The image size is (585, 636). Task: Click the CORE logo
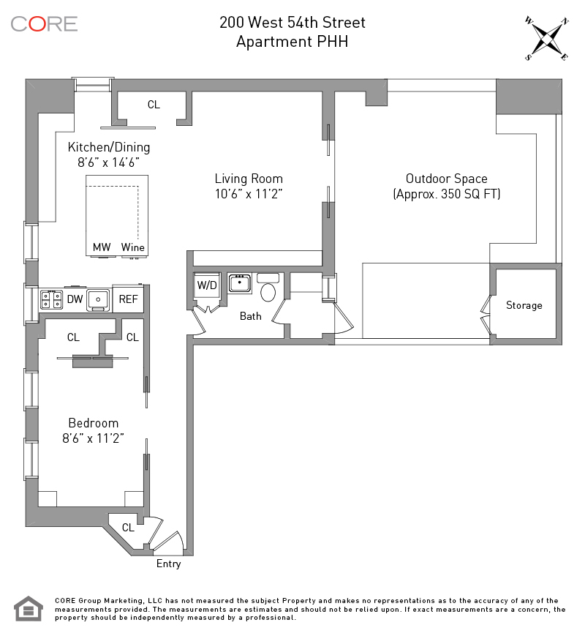click(x=44, y=23)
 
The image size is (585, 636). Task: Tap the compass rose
click(x=546, y=39)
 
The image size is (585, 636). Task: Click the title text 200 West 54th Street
click(x=292, y=23)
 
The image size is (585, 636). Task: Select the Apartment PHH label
click(x=292, y=42)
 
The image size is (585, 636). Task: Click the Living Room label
click(x=249, y=179)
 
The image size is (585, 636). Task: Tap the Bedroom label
click(x=94, y=423)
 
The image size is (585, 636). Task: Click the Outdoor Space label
click(x=446, y=179)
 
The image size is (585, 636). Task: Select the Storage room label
click(x=524, y=305)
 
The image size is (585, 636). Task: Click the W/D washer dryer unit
click(x=207, y=285)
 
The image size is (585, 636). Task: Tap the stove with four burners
click(x=51, y=299)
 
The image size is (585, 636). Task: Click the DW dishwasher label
click(x=75, y=299)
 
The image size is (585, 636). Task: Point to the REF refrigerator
click(x=128, y=299)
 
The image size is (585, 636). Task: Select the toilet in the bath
click(x=268, y=291)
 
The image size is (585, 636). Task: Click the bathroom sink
click(x=240, y=283)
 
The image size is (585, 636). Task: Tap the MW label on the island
click(x=102, y=247)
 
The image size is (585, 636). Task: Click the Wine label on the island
click(x=133, y=247)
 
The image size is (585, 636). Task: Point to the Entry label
click(x=168, y=564)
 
